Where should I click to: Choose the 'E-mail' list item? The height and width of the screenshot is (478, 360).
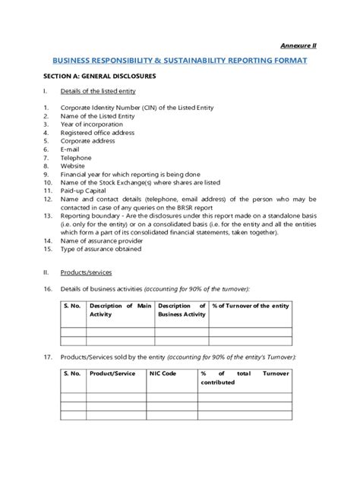(71, 149)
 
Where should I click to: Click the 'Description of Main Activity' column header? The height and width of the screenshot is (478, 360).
(121, 309)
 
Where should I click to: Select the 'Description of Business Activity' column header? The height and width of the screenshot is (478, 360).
(182, 309)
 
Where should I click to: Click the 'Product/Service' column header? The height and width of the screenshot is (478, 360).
(112, 373)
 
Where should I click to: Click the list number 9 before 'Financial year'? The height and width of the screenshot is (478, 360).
(46, 174)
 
